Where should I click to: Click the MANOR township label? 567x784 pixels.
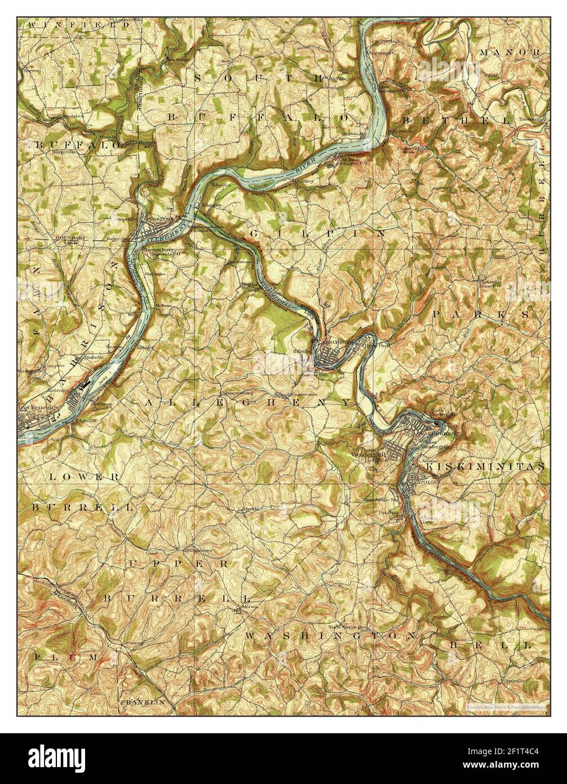tap(510, 52)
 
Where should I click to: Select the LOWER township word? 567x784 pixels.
tap(83, 477)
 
